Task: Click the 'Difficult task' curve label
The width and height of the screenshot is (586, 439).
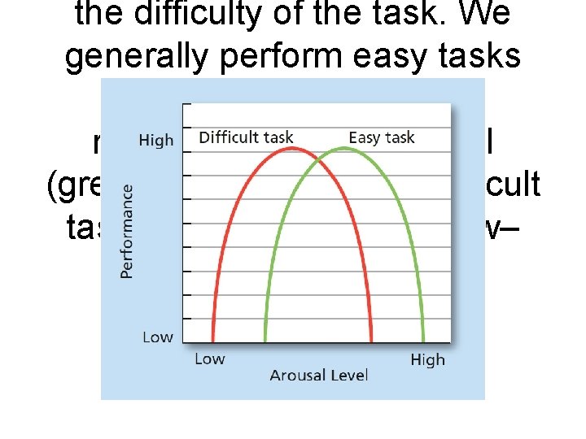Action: click(246, 137)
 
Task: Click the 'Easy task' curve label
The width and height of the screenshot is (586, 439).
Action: click(382, 137)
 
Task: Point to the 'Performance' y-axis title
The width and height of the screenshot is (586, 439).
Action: click(127, 230)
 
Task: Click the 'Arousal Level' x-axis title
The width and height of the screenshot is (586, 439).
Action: click(318, 375)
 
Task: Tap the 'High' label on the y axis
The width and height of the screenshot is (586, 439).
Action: click(156, 140)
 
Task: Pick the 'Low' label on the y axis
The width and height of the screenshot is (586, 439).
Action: click(157, 337)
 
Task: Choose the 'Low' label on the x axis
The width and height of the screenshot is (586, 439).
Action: click(209, 359)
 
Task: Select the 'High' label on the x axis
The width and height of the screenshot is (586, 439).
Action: click(427, 359)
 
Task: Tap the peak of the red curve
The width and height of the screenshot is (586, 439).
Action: click(292, 152)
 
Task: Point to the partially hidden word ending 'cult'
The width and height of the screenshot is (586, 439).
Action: click(513, 185)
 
